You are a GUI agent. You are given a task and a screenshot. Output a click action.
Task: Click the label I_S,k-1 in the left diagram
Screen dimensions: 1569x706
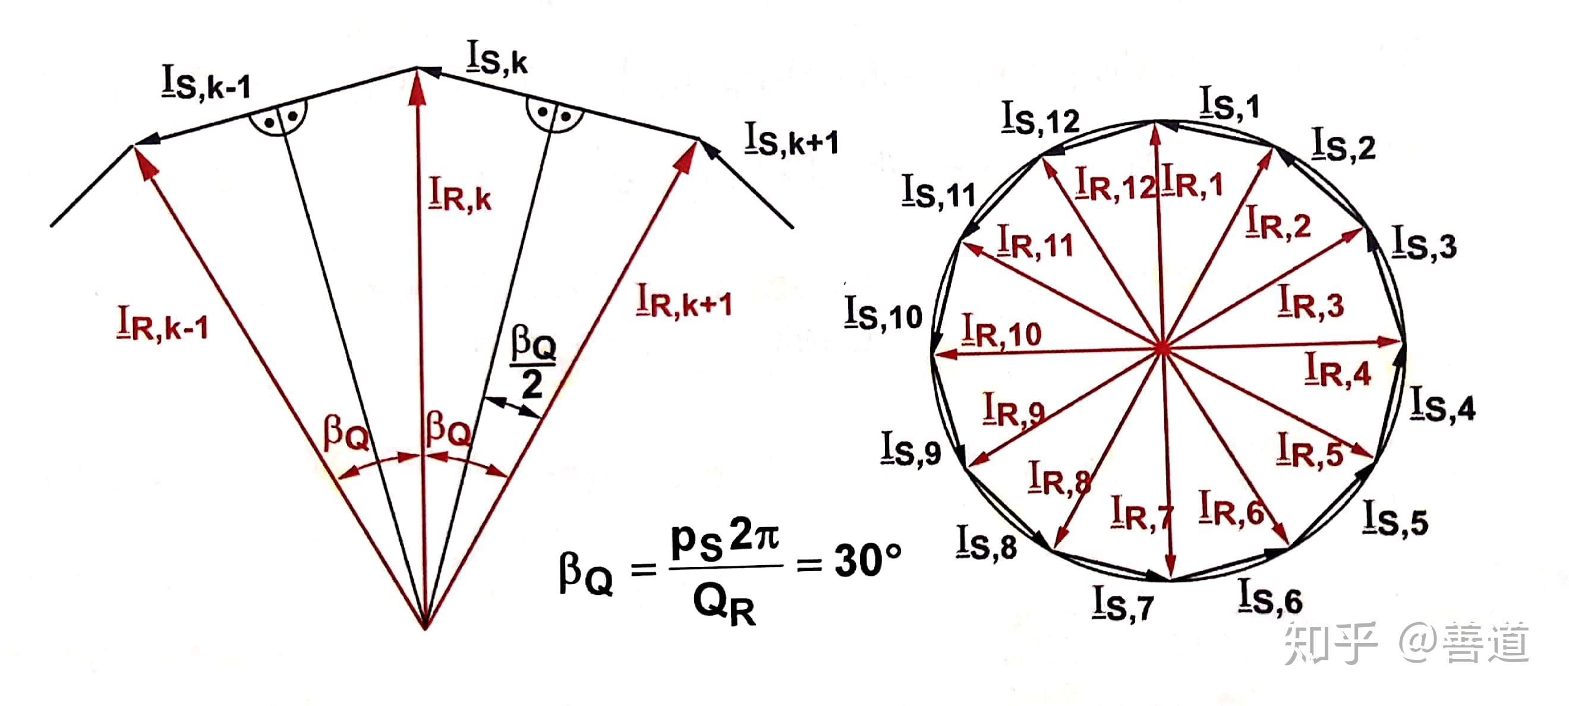click(x=206, y=82)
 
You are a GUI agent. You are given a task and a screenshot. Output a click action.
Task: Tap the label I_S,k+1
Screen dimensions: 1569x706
click(x=790, y=140)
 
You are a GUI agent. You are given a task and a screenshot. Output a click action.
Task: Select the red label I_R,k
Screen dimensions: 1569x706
click(x=460, y=194)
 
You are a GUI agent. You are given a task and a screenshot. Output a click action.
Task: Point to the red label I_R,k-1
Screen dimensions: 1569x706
click(x=163, y=324)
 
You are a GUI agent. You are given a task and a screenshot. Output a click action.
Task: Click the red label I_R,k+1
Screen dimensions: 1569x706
click(x=683, y=301)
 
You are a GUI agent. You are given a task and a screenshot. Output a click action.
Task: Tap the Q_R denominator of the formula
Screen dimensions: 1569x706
click(x=724, y=606)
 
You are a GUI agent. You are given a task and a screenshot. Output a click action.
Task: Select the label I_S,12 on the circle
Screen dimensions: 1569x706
click(x=1040, y=118)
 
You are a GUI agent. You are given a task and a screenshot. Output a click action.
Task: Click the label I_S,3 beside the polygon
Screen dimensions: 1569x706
click(x=1424, y=242)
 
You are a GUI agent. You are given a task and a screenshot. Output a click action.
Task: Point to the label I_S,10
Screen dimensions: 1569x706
click(x=883, y=314)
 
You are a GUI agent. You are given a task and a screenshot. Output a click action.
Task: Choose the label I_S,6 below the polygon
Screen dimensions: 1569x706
click(x=1270, y=597)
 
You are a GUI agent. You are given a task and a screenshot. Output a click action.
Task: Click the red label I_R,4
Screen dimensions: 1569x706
click(x=1338, y=370)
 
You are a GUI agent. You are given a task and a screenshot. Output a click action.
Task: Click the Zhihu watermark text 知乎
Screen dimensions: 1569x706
click(x=1331, y=642)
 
